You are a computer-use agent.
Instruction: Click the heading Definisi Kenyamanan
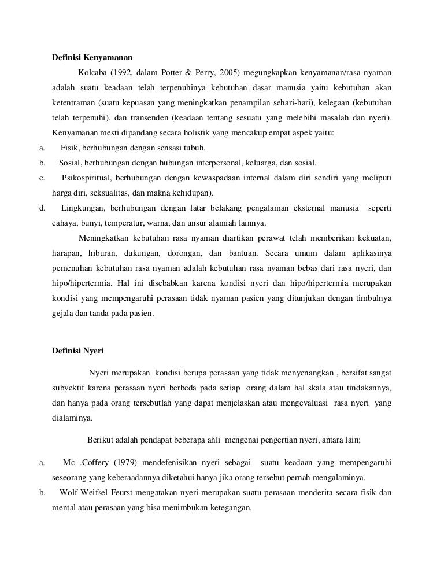coord(92,57)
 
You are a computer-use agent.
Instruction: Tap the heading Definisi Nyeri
coord(77,350)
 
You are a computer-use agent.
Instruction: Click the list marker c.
coord(42,178)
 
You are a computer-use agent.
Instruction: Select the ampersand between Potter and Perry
coord(189,73)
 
